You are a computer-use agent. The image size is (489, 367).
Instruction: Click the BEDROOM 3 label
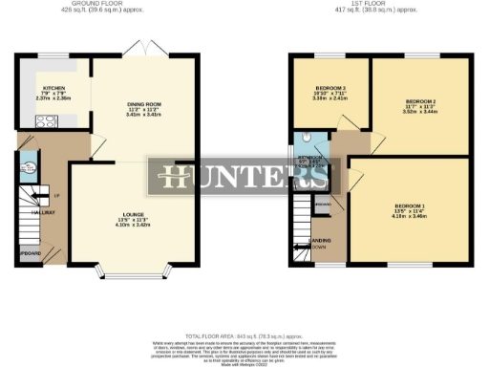(330, 89)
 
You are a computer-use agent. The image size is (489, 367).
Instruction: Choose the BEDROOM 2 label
(420, 100)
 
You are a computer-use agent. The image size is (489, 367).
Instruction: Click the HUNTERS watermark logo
(244, 178)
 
